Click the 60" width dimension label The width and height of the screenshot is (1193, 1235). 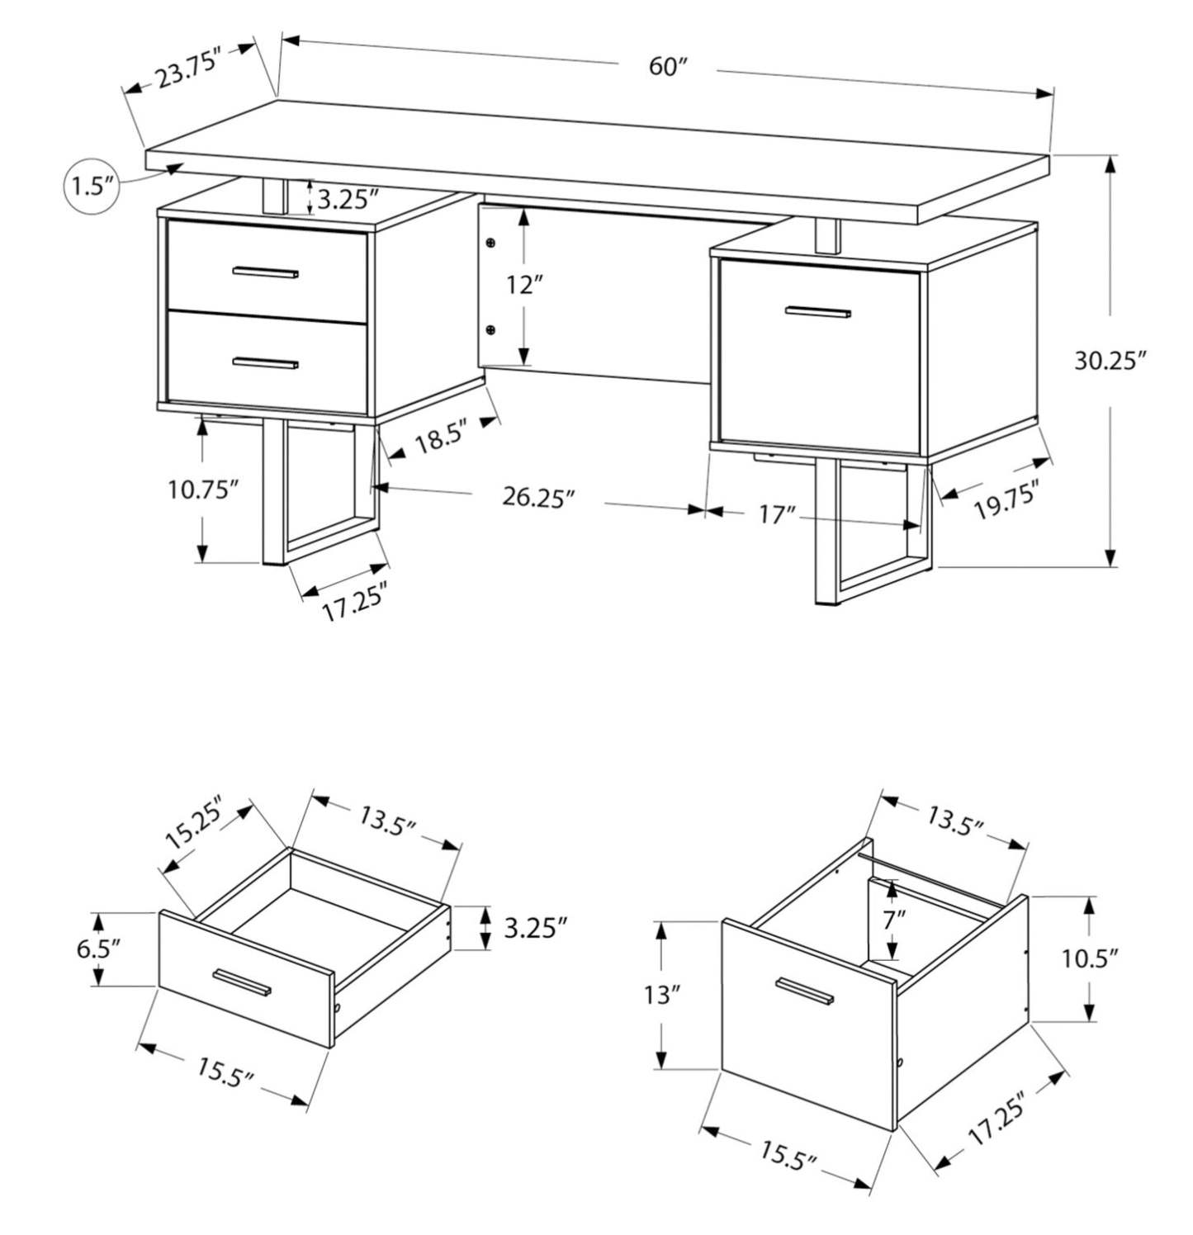668,66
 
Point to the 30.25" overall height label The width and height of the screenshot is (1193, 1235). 1110,361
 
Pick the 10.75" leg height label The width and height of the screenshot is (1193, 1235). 203,490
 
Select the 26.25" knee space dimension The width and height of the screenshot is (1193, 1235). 537,498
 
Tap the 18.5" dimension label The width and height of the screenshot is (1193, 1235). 441,438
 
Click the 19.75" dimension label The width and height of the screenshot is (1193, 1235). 1006,501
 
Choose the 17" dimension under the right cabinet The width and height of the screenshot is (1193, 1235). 776,515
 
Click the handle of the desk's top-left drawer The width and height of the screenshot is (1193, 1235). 265,272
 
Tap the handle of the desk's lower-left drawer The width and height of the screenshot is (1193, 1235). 265,362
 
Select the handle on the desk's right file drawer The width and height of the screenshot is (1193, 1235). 817,312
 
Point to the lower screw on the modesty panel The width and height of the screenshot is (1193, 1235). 491,330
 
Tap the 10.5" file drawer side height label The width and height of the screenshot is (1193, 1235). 1090,958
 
